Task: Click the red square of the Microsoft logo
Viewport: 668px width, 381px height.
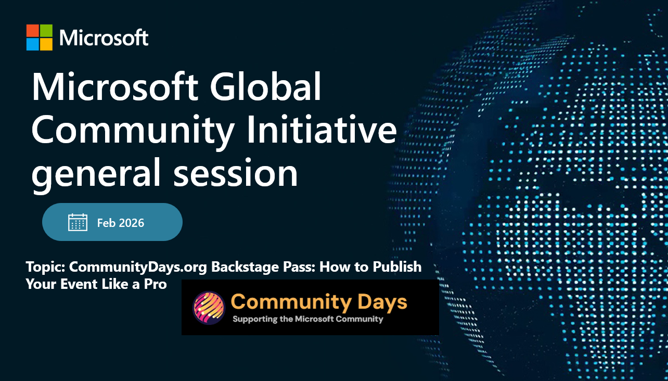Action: click(32, 31)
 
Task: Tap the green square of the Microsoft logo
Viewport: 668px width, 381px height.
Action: click(46, 31)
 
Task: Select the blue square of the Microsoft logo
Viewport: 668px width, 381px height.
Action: click(32, 44)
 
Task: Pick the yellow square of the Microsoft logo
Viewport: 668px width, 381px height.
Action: click(46, 44)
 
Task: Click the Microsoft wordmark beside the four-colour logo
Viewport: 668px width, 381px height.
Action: click(104, 38)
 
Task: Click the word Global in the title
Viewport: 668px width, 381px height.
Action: click(266, 86)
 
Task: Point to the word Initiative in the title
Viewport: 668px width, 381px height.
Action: click(322, 129)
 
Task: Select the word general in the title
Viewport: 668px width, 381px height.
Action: click(96, 174)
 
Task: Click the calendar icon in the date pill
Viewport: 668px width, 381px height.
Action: click(78, 222)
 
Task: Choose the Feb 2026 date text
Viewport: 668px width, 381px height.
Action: click(121, 223)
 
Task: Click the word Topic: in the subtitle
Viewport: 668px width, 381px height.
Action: click(46, 266)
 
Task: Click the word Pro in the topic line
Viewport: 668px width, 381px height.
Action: click(156, 284)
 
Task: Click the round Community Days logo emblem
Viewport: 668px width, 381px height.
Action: click(209, 308)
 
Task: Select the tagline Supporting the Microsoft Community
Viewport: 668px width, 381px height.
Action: click(308, 319)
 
